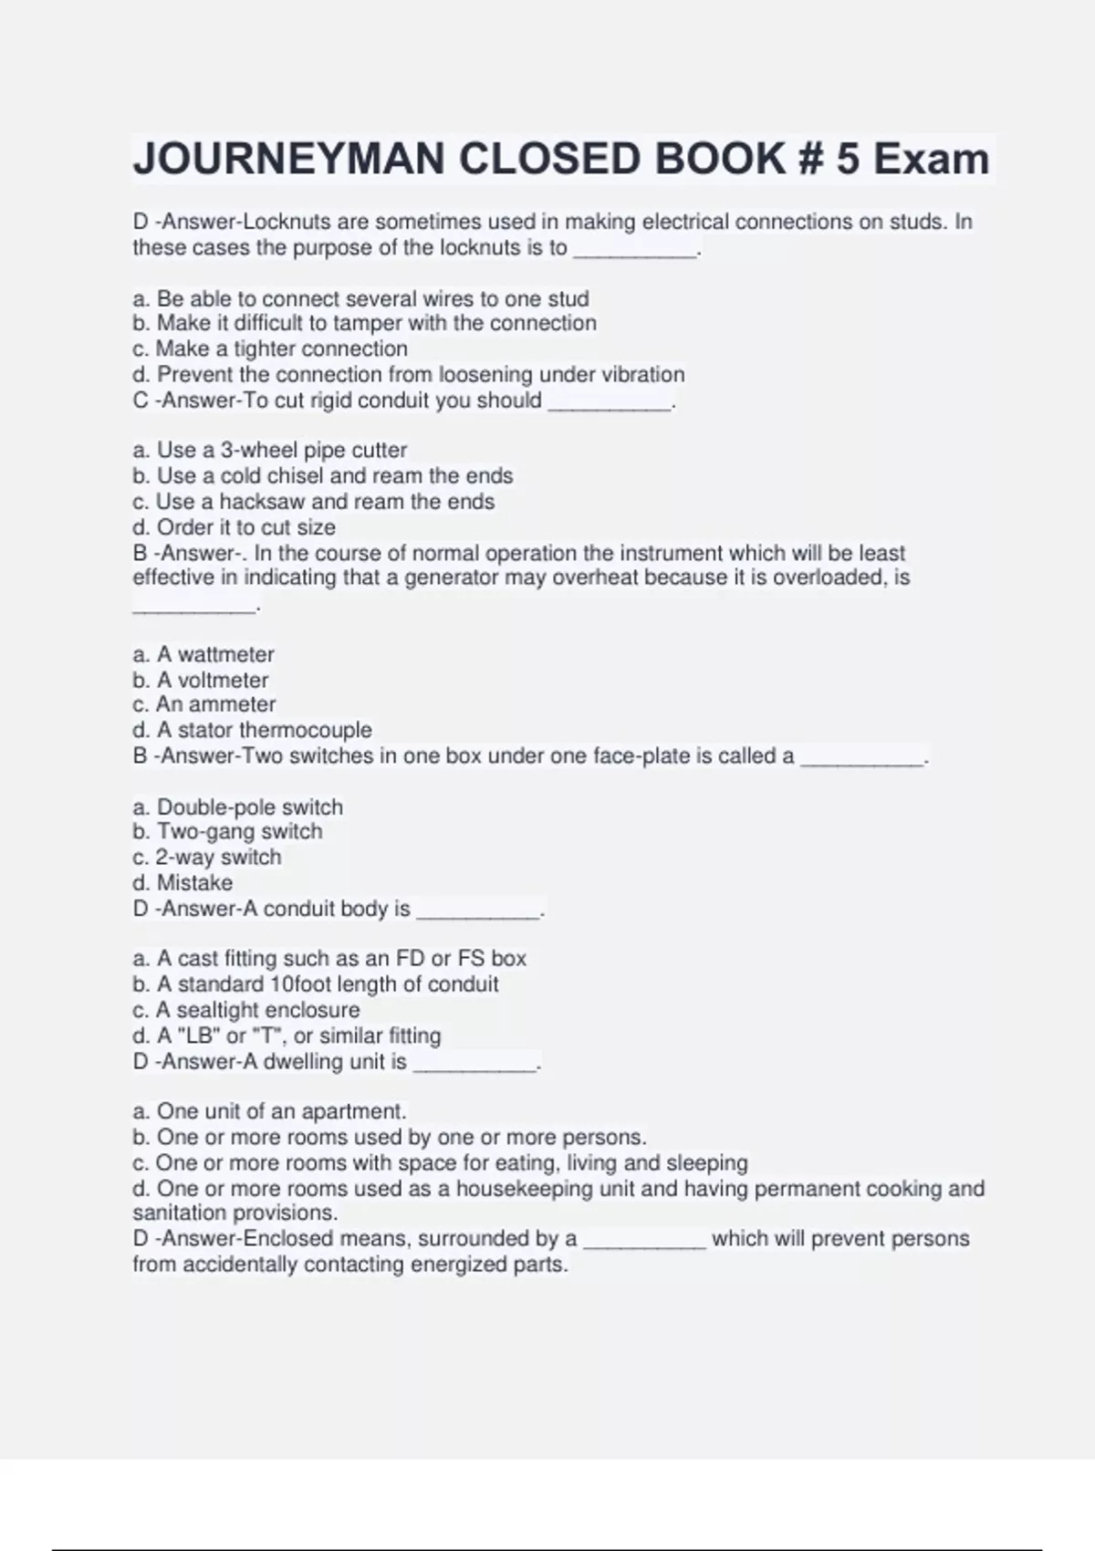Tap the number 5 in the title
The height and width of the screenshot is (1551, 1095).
[847, 160]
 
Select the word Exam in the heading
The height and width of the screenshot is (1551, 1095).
[931, 160]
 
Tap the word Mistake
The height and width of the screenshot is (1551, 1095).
[194, 882]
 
